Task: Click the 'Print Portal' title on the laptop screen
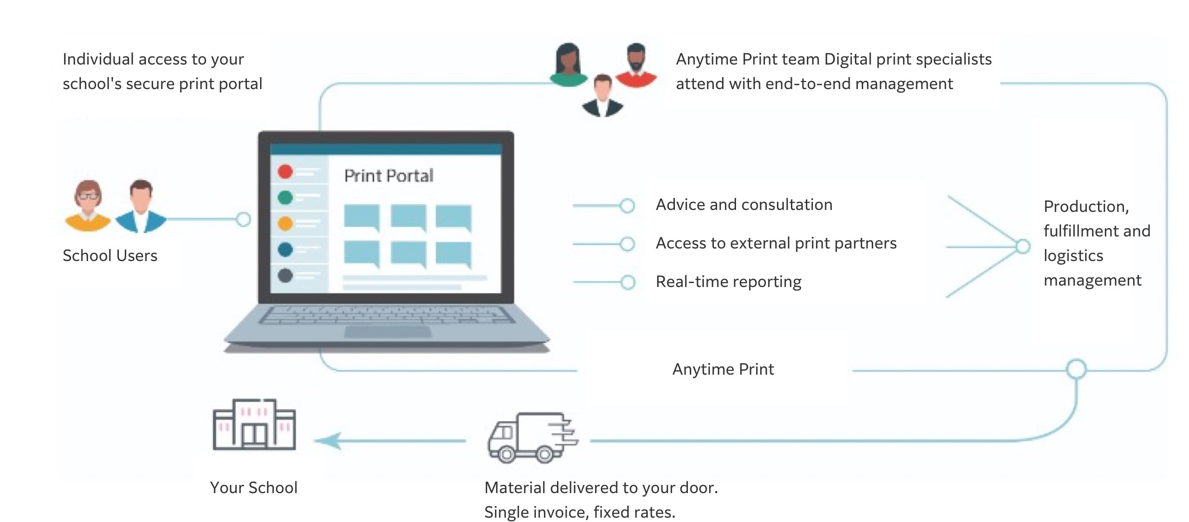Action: [x=388, y=176]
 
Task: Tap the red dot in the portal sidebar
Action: [x=285, y=171]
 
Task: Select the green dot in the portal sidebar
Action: [x=285, y=197]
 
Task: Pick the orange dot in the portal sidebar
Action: [x=285, y=223]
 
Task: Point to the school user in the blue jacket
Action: [x=141, y=207]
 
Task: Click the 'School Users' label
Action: [x=110, y=256]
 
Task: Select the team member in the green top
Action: [x=569, y=65]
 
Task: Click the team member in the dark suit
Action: [x=602, y=96]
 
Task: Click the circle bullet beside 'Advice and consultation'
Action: [x=627, y=206]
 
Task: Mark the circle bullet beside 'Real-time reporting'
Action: [x=627, y=282]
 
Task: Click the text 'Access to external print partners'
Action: [x=776, y=243]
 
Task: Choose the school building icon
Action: [x=254, y=424]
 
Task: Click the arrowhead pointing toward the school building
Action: [x=329, y=440]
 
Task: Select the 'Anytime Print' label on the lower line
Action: [x=723, y=369]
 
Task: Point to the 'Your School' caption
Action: [x=254, y=488]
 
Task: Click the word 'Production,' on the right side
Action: [x=1086, y=207]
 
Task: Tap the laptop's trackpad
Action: [x=388, y=332]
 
